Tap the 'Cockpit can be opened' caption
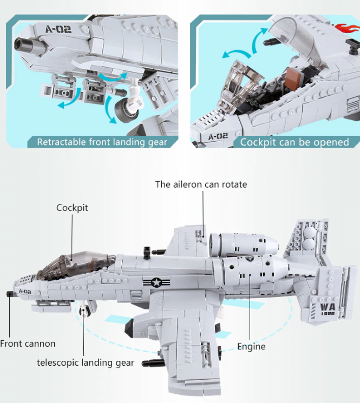pos(294,142)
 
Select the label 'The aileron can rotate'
pos(201,184)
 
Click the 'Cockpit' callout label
pos(72,208)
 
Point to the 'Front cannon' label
pos(28,343)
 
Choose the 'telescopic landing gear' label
pos(85,362)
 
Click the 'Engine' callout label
pos(251,346)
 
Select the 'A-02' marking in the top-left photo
pos(58,29)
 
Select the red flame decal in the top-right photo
pos(345,29)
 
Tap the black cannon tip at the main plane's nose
pos(10,293)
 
